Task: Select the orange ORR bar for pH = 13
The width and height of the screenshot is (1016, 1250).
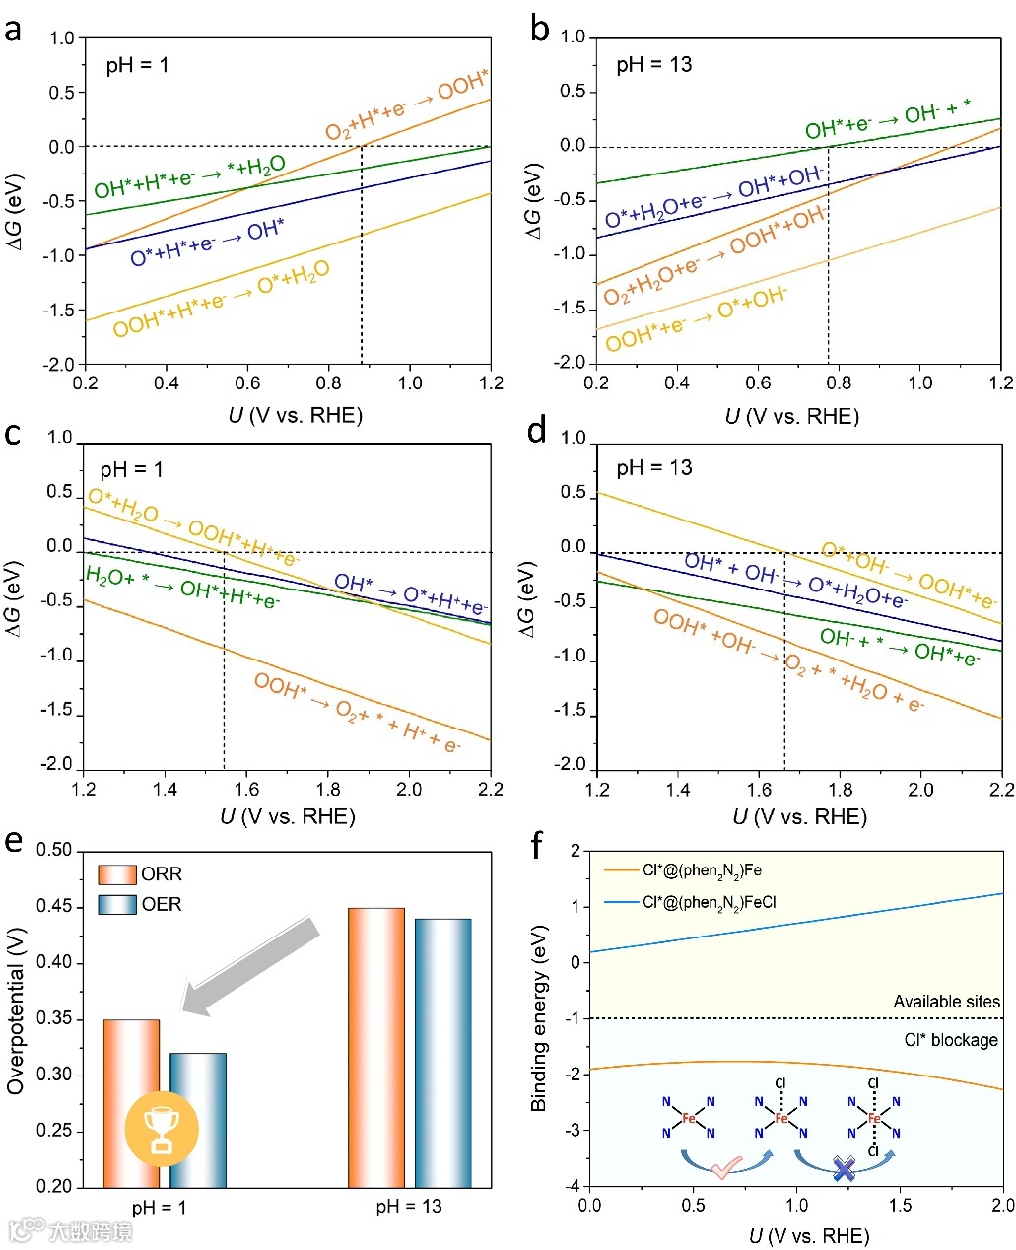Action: pos(376,1045)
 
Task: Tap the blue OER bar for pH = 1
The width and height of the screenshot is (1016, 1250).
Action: pos(198,1119)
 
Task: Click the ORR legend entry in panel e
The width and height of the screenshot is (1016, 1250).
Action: pos(140,874)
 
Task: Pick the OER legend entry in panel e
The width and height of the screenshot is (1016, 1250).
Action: pos(140,904)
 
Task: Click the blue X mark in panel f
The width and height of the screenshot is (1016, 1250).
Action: pos(844,1170)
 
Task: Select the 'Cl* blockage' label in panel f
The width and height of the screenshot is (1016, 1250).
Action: pos(950,1040)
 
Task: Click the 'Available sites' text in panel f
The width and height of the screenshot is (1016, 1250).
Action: pos(946,1002)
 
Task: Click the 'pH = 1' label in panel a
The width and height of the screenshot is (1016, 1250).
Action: pos(137,66)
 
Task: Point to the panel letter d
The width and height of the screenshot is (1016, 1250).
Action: pos(537,432)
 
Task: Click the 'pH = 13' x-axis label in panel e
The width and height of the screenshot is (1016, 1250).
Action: pos(409,1207)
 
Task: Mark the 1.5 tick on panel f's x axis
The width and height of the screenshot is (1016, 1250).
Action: pos(900,1205)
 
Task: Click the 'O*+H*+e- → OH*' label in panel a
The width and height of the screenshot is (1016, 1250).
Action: pos(207,243)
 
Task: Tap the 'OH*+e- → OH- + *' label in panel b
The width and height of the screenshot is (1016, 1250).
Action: pos(887,119)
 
